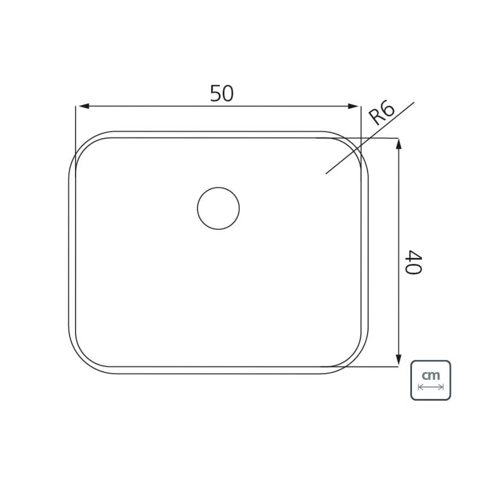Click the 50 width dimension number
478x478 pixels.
[222, 94]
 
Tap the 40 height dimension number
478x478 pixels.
[413, 262]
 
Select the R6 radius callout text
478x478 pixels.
[381, 113]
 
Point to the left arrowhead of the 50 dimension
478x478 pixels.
[82, 106]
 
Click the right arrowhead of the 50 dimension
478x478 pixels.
[354, 106]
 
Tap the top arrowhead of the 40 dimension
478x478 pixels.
[398, 144]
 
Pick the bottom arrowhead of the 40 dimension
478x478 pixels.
[398, 360]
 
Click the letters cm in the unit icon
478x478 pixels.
[431, 375]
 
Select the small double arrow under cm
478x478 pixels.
[431, 387]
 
